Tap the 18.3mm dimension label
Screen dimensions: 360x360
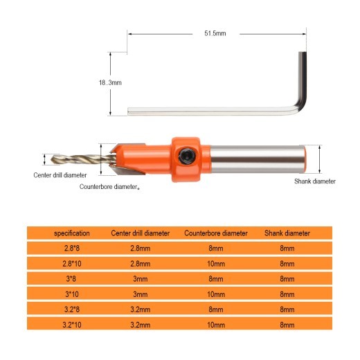coord(111,82)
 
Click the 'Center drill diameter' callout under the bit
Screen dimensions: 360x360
coord(60,175)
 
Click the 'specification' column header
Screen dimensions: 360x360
coord(73,233)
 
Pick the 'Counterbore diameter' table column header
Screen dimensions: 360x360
coord(215,233)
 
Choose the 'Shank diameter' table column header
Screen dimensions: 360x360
coord(287,233)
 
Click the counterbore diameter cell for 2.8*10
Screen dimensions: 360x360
coord(215,263)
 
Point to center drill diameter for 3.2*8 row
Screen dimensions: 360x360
coord(141,307)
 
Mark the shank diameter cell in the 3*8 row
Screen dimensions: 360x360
coord(287,278)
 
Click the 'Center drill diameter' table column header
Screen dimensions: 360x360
coord(141,233)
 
